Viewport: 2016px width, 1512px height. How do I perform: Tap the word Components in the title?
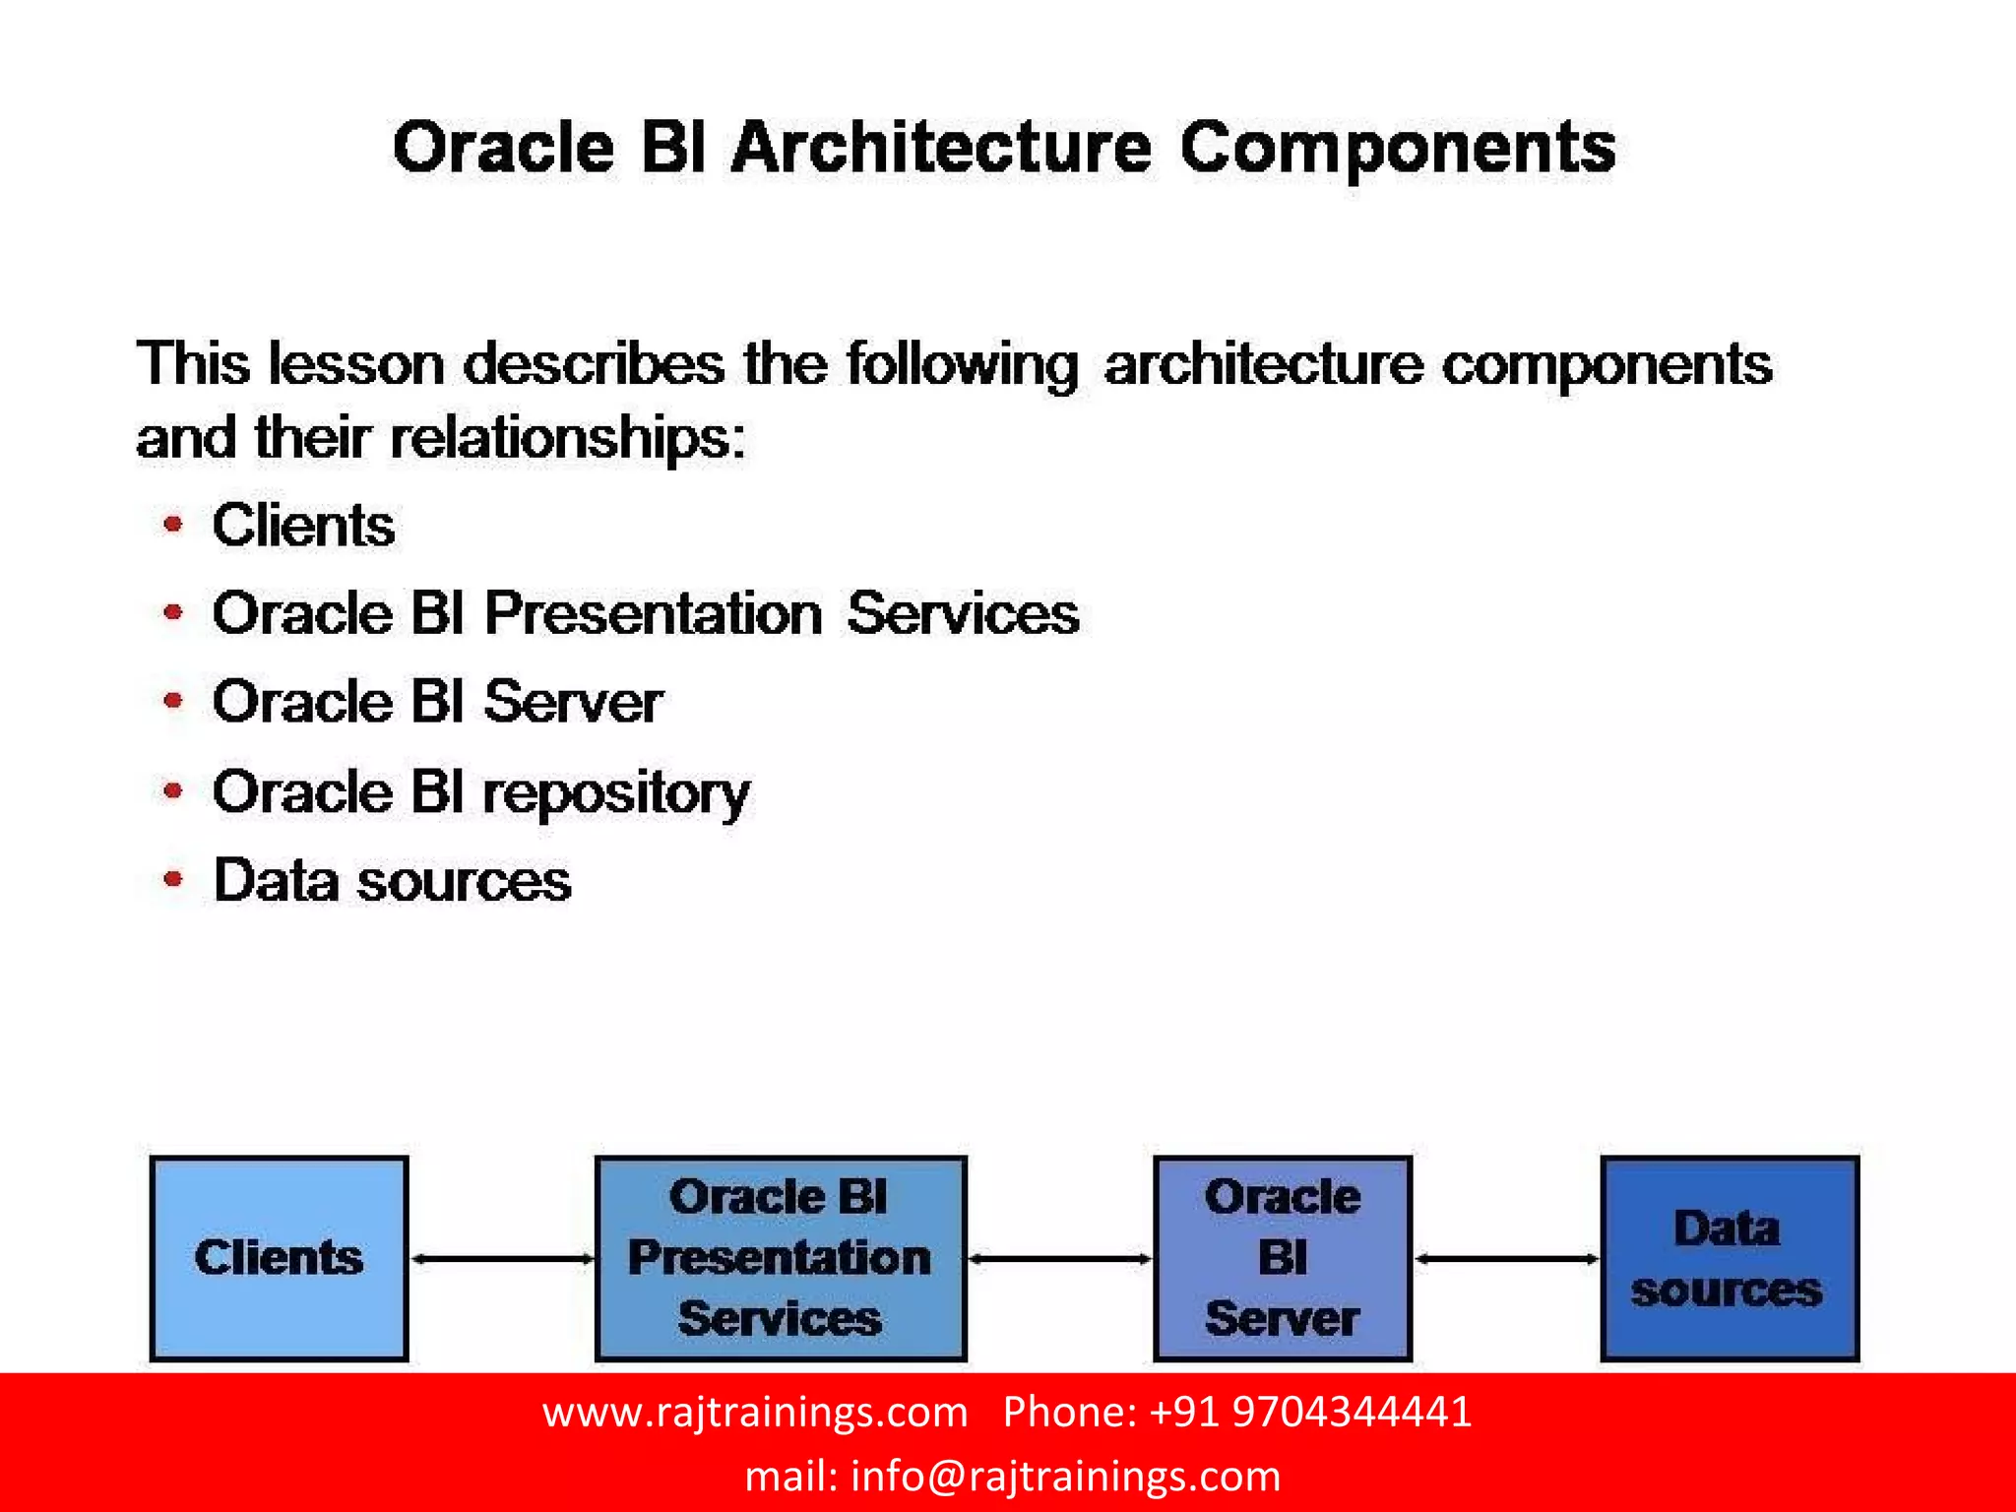coord(1397,149)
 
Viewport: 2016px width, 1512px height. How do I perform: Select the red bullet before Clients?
coord(173,525)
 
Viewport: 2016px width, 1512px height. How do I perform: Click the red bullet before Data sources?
coord(173,879)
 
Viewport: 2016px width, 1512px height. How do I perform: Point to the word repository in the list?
coord(616,793)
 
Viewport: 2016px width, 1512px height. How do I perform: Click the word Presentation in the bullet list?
coord(653,614)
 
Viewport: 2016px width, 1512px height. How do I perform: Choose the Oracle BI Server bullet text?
coord(437,703)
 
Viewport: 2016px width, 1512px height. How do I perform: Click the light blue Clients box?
coord(279,1258)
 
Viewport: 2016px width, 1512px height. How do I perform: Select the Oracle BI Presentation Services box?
coord(780,1258)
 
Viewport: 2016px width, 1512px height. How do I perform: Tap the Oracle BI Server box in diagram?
coord(1282,1258)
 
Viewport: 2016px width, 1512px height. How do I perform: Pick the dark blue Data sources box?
coord(1729,1258)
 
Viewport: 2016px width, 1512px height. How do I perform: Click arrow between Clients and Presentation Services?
coord(502,1258)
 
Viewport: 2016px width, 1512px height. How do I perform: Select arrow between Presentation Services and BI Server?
coord(1059,1258)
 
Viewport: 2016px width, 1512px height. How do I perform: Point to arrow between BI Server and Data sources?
coord(1506,1258)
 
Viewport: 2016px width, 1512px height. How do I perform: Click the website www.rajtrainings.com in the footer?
coord(755,1413)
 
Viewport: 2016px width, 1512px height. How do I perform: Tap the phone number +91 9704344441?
coord(1309,1413)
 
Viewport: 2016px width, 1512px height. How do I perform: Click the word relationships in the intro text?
coord(567,438)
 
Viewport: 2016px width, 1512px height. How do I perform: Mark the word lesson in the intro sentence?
coord(356,364)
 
